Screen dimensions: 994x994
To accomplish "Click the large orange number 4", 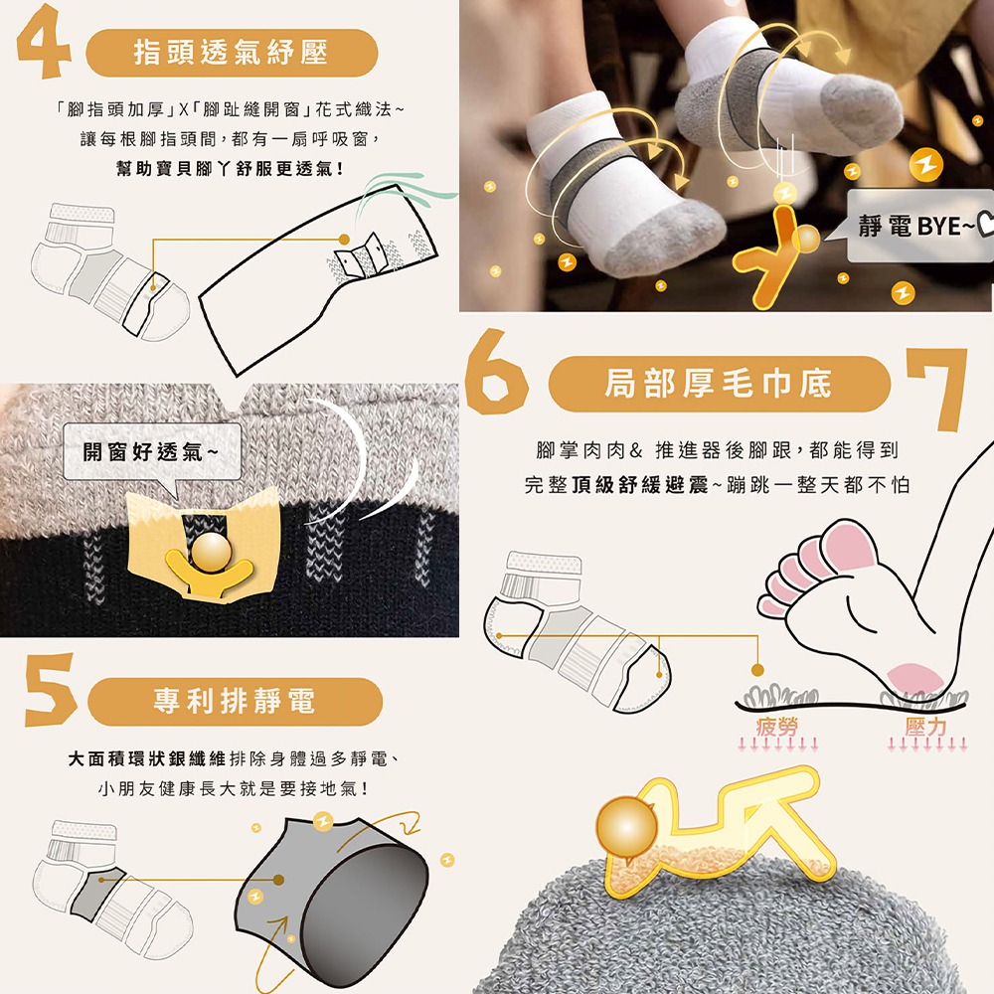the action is point(42,42).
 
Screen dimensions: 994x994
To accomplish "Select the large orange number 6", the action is point(496,372).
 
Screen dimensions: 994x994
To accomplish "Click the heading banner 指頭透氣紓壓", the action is point(232,53).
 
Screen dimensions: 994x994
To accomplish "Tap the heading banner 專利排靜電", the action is point(235,701).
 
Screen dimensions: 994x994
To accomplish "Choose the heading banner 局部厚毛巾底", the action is point(719,384).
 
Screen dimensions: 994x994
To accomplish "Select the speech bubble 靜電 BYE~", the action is point(919,225).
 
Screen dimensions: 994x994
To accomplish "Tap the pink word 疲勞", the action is point(777,727).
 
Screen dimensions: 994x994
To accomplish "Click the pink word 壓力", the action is point(925,727).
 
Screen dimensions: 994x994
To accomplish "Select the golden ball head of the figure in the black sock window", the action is point(212,551).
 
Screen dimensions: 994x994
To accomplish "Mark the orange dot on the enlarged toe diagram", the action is point(344,239).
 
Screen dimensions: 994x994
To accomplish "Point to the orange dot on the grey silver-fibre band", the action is point(278,880).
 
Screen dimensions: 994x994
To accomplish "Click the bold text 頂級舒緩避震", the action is point(640,485).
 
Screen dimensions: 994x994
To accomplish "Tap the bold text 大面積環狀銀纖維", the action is point(146,758).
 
